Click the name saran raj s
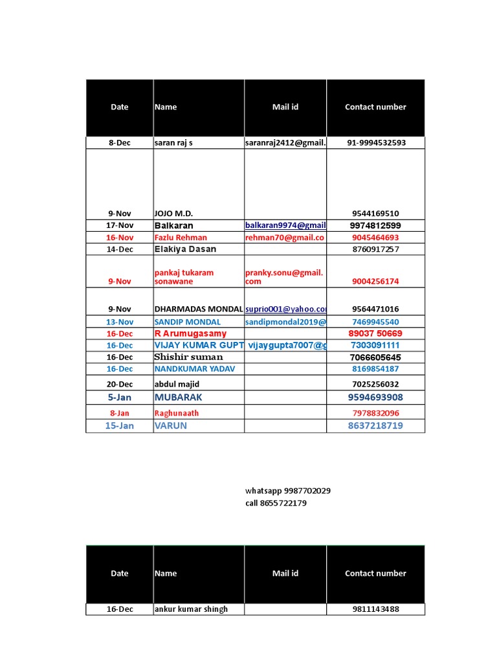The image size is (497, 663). (173, 143)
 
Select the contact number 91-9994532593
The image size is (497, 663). (375, 143)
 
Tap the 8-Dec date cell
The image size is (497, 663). (120, 143)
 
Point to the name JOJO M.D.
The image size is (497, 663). (173, 214)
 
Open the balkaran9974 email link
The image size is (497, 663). (285, 225)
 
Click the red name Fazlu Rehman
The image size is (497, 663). (181, 238)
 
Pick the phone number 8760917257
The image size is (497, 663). (375, 249)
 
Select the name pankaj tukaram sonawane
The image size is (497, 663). (184, 277)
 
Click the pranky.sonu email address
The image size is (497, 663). (284, 277)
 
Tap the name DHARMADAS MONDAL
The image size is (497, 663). (199, 309)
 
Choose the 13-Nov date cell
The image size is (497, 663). (120, 322)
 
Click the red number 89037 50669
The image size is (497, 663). (375, 333)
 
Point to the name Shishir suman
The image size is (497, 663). (188, 357)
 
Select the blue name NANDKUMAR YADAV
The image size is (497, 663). (195, 369)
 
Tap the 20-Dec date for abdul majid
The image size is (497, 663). (120, 384)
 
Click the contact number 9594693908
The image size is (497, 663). (375, 398)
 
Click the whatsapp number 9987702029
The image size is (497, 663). (307, 491)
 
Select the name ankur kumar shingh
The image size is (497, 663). (191, 609)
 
